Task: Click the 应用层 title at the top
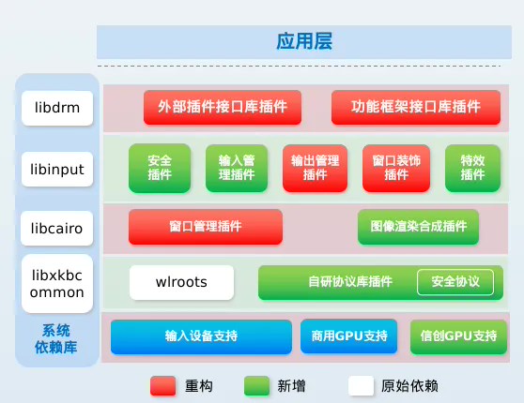303,42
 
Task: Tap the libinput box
57,170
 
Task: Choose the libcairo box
57,227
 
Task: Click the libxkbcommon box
57,283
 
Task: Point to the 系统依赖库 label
57,339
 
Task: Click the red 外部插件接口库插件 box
222,107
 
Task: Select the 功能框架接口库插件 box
415,107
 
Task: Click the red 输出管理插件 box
315,168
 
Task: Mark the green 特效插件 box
471,168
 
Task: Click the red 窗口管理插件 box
205,227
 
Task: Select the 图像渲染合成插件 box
418,227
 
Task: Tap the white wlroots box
181,281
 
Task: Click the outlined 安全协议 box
455,281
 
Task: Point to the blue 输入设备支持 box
201,336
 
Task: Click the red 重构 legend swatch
163,385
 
